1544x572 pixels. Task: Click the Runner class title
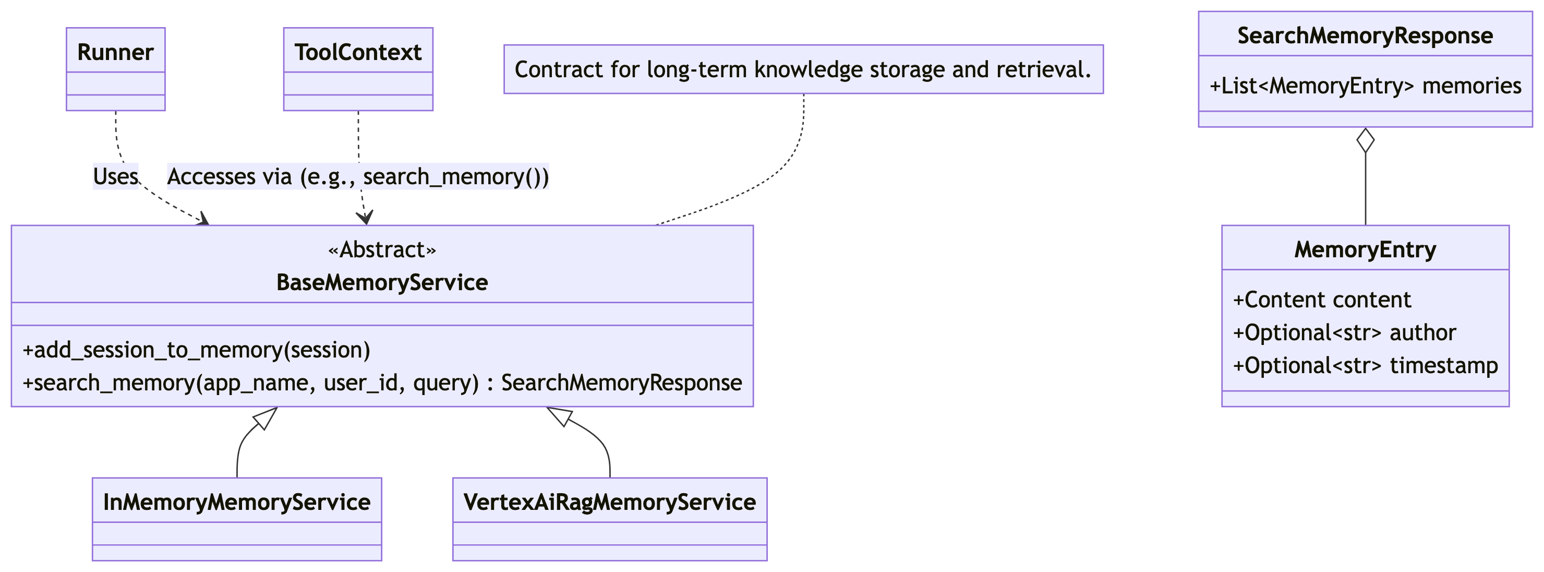pyautogui.click(x=116, y=52)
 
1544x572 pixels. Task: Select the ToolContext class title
pyautogui.click(x=358, y=52)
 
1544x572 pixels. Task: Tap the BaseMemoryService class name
pyautogui.click(x=382, y=282)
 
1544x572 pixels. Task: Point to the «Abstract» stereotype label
pyautogui.click(x=382, y=249)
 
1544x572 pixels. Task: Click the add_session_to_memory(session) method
pyautogui.click(x=197, y=350)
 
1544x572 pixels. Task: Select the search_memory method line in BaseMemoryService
pyautogui.click(x=382, y=383)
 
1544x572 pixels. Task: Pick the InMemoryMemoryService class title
pyautogui.click(x=237, y=503)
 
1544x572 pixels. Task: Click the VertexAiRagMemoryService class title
pyautogui.click(x=610, y=503)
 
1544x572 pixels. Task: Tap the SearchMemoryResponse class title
pyautogui.click(x=1366, y=36)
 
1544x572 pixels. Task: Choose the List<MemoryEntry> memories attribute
pyautogui.click(x=1366, y=86)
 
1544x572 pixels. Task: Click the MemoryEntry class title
pyautogui.click(x=1366, y=249)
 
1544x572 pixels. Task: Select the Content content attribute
pyautogui.click(x=1322, y=300)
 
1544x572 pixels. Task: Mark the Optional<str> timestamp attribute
pyautogui.click(x=1366, y=366)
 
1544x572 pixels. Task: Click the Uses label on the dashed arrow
pyautogui.click(x=116, y=176)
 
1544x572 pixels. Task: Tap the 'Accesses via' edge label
pyautogui.click(x=358, y=176)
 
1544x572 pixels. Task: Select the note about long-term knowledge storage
pyautogui.click(x=803, y=69)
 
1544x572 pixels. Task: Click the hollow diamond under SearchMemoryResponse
pyautogui.click(x=1366, y=140)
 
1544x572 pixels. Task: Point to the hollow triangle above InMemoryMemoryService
pyautogui.click(x=265, y=418)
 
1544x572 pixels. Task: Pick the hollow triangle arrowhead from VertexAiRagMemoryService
pyautogui.click(x=560, y=416)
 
